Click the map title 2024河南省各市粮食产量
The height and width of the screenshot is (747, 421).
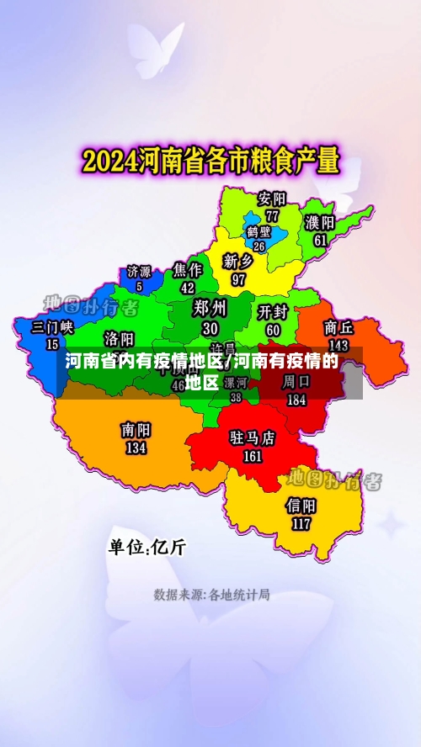[x=210, y=159]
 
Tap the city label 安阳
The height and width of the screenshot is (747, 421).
[x=272, y=199]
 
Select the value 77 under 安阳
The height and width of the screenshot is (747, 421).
[x=272, y=215]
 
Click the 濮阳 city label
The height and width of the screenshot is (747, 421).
[x=320, y=223]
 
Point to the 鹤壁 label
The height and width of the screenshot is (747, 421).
[x=258, y=231]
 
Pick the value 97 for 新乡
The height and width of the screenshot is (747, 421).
[x=239, y=278]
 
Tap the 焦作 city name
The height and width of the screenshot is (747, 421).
[x=188, y=270]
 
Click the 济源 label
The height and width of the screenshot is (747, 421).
[x=139, y=272]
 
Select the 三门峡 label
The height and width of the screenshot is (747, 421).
[x=53, y=327]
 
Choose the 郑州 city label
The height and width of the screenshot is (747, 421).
[x=210, y=307]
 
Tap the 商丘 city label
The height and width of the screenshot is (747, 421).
[x=338, y=327]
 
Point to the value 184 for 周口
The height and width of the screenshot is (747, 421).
[x=296, y=400]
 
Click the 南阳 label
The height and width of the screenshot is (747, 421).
[x=136, y=430]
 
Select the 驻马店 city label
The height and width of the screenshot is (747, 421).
[x=253, y=438]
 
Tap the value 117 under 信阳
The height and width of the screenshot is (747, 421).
[x=301, y=523]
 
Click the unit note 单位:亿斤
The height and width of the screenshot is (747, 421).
[x=147, y=547]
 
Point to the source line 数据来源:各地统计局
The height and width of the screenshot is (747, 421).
[x=211, y=595]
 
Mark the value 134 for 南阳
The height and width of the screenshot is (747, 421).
[x=136, y=448]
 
